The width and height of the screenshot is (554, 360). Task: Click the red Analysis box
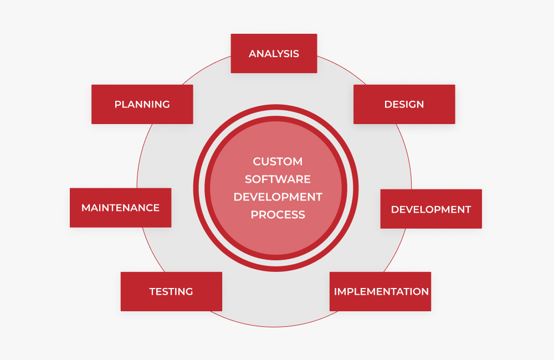point(274,53)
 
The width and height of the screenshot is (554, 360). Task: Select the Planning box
point(142,104)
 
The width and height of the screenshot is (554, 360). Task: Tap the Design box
point(404,104)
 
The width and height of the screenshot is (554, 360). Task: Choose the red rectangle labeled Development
point(431,209)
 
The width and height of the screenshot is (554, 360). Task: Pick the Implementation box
point(380,291)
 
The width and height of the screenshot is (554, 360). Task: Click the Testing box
point(171,291)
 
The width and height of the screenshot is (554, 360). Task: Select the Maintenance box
point(120,208)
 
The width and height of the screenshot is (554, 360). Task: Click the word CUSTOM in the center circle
point(278,162)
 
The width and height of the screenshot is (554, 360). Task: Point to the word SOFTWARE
point(278,179)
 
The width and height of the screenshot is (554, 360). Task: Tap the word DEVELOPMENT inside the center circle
point(278,197)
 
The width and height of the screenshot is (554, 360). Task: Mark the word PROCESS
point(278,214)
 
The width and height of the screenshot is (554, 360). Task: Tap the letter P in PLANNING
point(117,104)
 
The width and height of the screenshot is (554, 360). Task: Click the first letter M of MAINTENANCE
point(86,208)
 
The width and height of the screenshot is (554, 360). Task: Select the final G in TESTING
point(189,291)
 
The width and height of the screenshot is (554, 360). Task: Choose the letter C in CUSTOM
point(257,162)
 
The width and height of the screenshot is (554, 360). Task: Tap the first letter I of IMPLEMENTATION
point(336,291)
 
